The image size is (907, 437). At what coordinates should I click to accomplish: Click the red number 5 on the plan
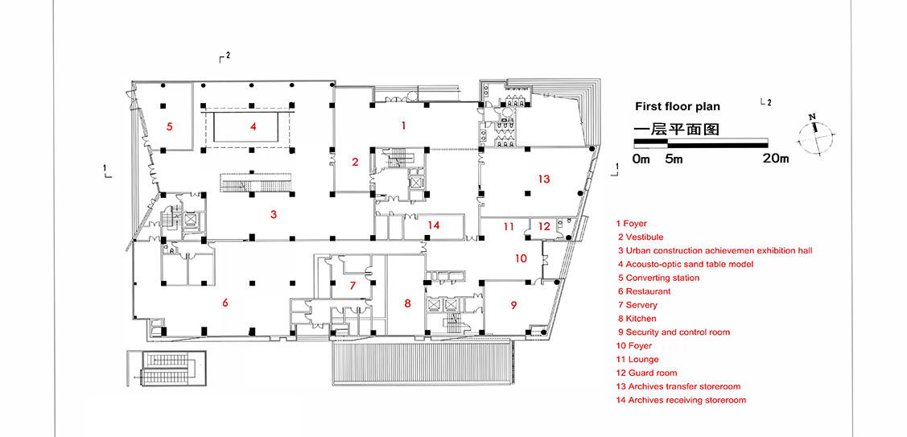[170, 126]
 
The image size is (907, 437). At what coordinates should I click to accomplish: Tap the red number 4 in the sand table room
[253, 126]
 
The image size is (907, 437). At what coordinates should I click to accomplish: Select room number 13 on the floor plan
[545, 179]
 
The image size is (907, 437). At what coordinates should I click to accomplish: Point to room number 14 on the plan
[434, 225]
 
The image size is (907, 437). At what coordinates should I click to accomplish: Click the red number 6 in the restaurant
[225, 303]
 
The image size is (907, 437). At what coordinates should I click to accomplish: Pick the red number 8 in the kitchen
[407, 303]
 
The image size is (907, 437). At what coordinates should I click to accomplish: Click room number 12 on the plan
[545, 227]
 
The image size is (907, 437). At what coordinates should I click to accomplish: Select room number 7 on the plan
[352, 286]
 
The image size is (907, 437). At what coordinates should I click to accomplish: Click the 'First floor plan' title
[677, 106]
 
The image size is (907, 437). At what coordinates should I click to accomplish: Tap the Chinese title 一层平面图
[675, 128]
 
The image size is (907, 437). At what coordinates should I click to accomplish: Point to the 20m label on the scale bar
[775, 159]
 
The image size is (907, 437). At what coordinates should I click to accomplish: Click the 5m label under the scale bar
[674, 159]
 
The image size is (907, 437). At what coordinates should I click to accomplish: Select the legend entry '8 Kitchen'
[637, 319]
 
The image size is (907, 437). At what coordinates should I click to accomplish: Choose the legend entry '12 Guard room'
[646, 373]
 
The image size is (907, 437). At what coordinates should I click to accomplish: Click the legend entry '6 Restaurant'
[644, 291]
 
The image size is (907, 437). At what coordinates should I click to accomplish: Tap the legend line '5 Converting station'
[658, 278]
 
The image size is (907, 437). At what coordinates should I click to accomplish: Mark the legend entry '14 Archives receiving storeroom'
[681, 400]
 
